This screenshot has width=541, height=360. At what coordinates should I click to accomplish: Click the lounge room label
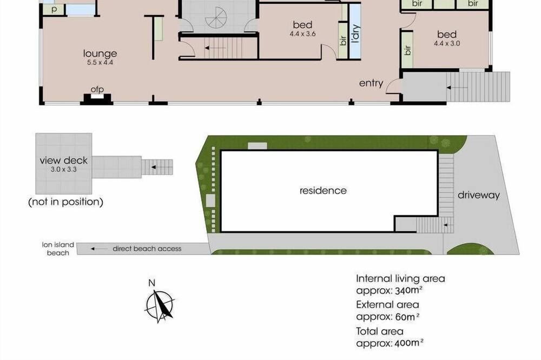coord(100,54)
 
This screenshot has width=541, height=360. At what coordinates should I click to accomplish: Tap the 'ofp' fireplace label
coord(97,89)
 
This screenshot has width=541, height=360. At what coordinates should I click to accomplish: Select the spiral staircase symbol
coord(216,17)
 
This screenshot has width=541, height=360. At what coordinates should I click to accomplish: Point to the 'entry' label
coord(371,83)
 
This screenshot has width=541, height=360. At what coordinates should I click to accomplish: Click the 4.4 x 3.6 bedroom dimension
coord(302,34)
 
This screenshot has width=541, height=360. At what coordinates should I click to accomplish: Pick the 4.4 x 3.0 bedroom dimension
coord(447,43)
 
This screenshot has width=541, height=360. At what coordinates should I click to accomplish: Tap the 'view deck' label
coord(63,161)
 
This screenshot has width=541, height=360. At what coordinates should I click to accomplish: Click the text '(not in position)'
coord(65,202)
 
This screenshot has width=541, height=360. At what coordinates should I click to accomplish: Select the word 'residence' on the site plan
coord(323,190)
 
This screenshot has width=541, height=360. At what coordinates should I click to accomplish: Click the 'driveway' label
coord(479,195)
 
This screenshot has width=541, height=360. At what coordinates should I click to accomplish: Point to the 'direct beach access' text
coord(147,249)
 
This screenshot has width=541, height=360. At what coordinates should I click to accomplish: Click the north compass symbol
coord(160,306)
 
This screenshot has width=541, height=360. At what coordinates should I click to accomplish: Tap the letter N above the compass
coord(151,283)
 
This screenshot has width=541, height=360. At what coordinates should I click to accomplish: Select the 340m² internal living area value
coord(408,290)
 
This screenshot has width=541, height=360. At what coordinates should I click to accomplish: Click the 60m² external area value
coord(407,317)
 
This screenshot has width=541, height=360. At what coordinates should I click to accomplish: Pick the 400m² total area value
coord(408,343)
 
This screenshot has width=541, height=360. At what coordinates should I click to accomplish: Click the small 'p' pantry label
coord(54,10)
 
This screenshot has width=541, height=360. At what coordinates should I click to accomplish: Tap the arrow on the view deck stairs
coord(157,167)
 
